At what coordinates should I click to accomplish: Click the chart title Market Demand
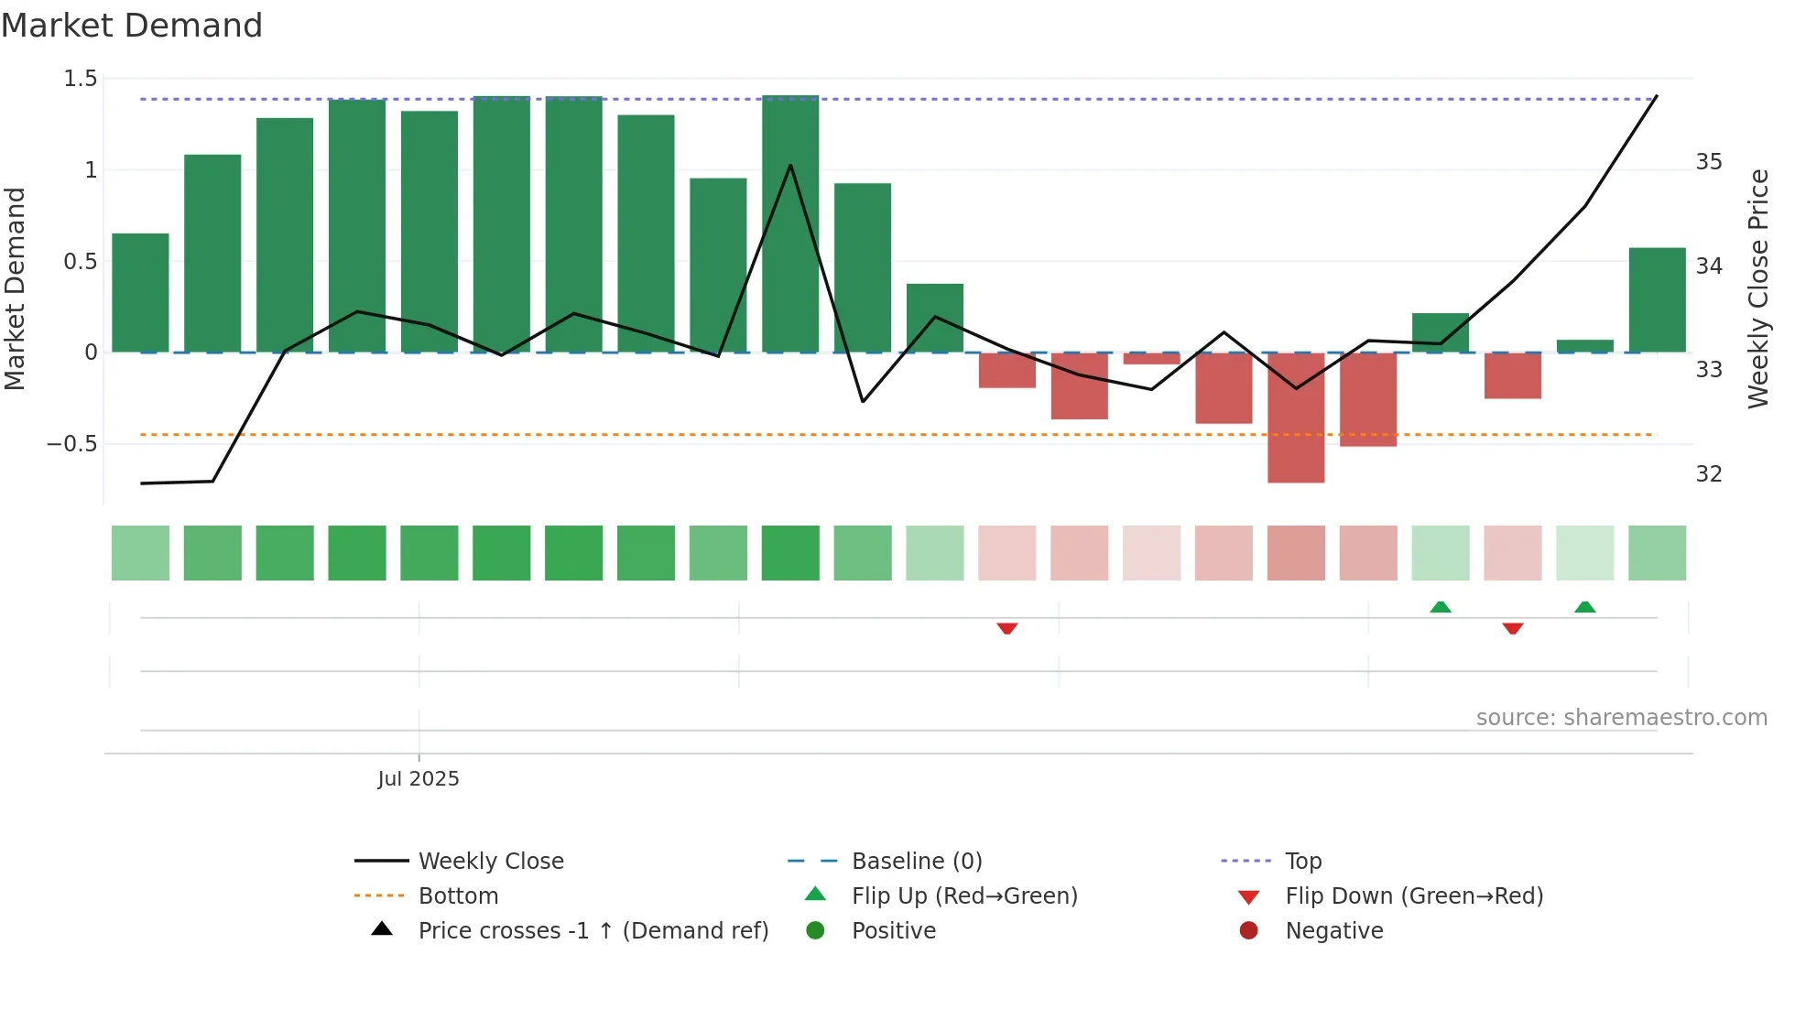point(132,26)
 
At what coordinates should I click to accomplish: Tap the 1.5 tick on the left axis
point(81,79)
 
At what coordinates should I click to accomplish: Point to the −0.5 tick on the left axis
point(72,444)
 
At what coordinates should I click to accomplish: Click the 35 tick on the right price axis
point(1709,162)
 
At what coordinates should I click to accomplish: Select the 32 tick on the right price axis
point(1709,474)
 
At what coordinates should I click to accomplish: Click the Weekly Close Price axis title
point(1758,288)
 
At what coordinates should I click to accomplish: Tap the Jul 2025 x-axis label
point(419,779)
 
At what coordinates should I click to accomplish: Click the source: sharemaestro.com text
point(1621,718)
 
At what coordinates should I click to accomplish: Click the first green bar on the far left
point(140,293)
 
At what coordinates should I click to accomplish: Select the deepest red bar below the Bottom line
point(1296,418)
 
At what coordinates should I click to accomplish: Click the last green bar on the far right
point(1657,300)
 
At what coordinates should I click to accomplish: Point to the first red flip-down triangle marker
point(1007,628)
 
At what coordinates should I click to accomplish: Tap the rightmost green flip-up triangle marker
point(1585,607)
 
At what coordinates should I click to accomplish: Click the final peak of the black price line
point(1656,97)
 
